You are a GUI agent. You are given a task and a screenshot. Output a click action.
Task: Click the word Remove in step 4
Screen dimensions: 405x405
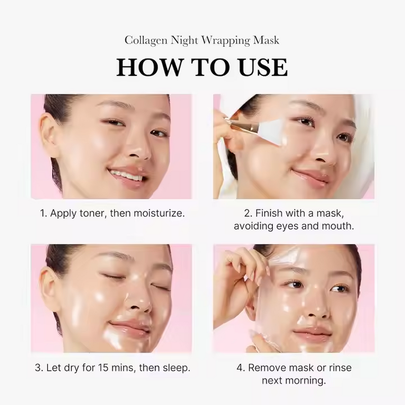(266, 368)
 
